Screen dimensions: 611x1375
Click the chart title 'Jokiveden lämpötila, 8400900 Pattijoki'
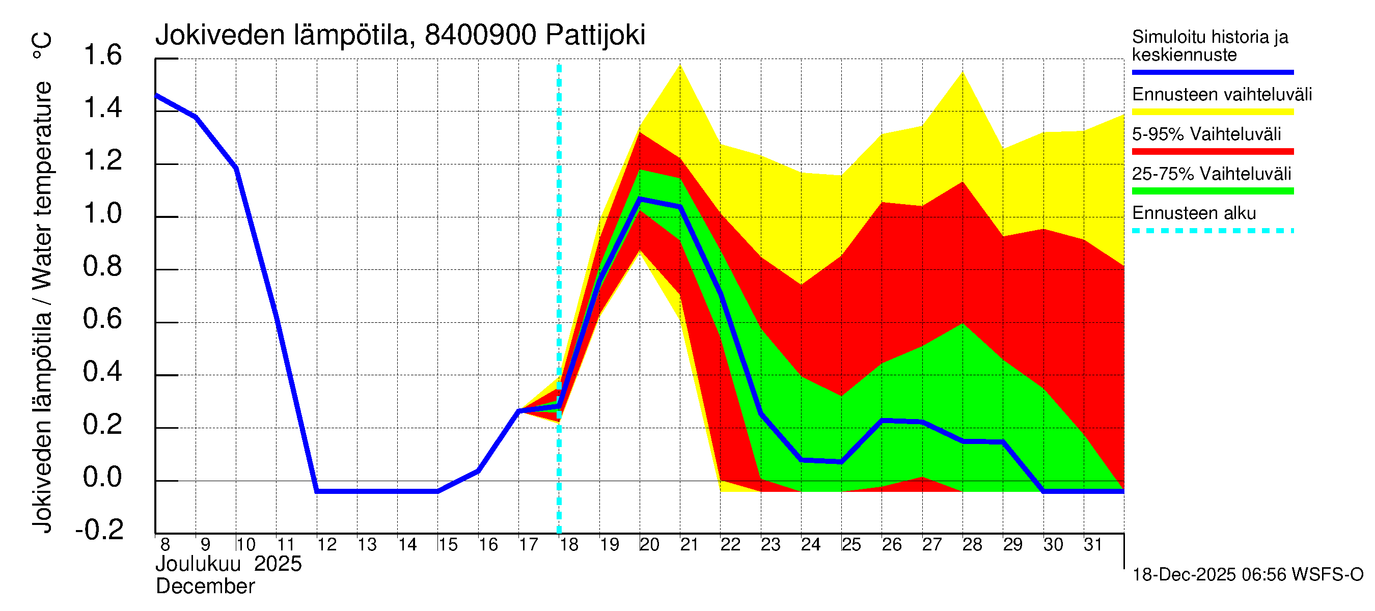pos(400,35)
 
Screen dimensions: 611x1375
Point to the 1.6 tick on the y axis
pos(103,55)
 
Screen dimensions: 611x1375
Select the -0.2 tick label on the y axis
pos(100,530)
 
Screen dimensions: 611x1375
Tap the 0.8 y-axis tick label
pos(103,266)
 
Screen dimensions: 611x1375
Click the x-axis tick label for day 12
pos(326,545)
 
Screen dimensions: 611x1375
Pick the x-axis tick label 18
pos(569,545)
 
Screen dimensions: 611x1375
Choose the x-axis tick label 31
pos(1093,545)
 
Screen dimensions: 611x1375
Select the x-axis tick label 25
pos(851,545)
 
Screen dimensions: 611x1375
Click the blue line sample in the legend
pos(1212,72)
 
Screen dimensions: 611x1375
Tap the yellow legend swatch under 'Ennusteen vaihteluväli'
pos(1212,112)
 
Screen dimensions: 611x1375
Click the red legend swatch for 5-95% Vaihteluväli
pos(1212,152)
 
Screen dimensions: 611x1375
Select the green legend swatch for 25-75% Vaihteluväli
pos(1212,191)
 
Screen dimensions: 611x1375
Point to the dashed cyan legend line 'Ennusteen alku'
pos(1212,231)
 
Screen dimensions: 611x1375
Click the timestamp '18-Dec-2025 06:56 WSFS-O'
pos(1247,575)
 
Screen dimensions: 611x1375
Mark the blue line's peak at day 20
pos(640,199)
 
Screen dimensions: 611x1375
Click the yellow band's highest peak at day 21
pos(680,65)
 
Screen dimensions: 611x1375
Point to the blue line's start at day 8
pos(156,96)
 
